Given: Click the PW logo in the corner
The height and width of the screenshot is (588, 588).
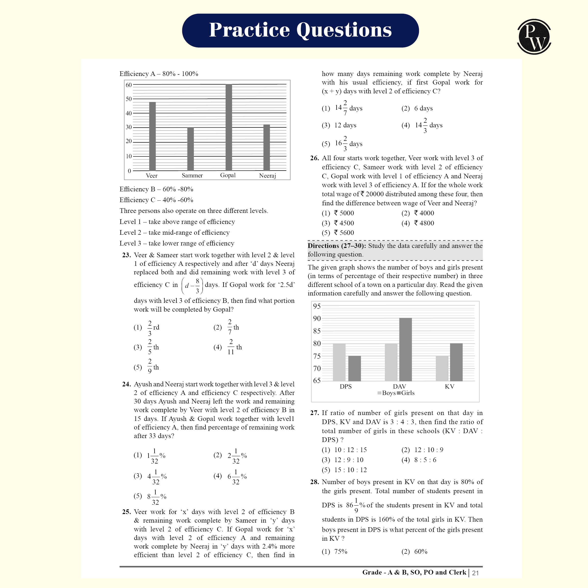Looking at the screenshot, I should [534, 37].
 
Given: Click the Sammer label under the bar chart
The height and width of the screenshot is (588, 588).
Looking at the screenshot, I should [192, 176].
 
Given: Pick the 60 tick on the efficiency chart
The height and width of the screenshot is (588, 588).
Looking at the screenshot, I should [129, 85].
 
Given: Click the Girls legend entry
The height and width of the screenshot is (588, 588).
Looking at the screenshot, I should [406, 393].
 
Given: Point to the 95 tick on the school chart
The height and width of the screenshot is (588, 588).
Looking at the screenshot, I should [317, 306].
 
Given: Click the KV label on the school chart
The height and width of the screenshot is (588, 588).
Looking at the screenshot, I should [450, 387].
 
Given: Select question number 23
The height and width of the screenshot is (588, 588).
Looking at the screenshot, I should [126, 255].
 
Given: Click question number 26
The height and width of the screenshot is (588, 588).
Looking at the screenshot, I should [314, 158].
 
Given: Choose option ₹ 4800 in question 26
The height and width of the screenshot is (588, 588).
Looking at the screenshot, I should [424, 223].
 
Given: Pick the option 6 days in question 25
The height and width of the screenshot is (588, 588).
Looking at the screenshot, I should [423, 108].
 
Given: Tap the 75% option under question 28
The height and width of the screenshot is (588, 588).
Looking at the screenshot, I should [341, 551].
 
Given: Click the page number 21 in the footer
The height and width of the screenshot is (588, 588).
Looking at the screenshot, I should [475, 573].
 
